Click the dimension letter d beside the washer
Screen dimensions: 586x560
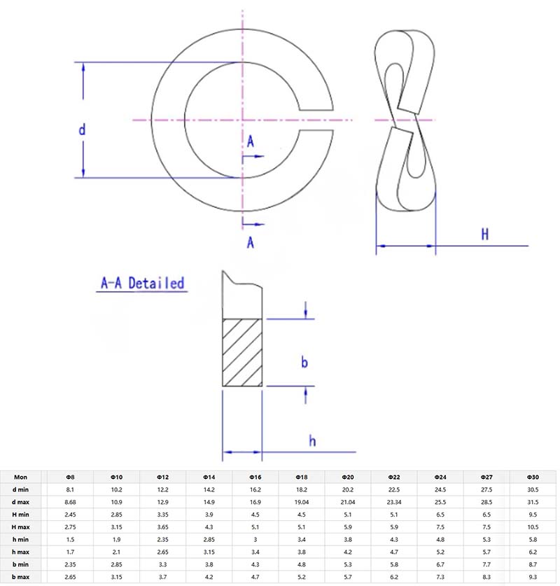tap(82, 130)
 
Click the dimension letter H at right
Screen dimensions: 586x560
tap(484, 234)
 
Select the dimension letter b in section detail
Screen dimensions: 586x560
tap(304, 362)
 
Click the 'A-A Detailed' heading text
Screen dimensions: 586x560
tap(142, 284)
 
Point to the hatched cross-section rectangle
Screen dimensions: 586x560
tap(242, 353)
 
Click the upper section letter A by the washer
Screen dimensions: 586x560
tap(250, 141)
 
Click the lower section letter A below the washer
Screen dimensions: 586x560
tap(250, 242)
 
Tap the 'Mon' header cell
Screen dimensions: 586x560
tap(21, 476)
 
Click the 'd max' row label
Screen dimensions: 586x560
tap(21, 502)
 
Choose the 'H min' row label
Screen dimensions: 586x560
tap(21, 515)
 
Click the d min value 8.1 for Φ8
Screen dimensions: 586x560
tap(70, 489)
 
